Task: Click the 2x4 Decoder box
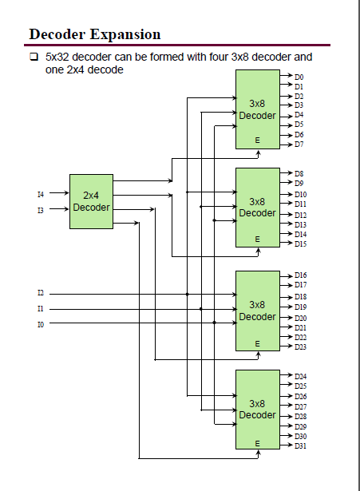tap(91, 201)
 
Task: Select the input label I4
tap(41, 194)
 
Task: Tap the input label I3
tap(41, 210)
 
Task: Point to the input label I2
tap(41, 294)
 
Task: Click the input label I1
tap(41, 309)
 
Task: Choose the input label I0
tap(41, 324)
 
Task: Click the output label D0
tap(299, 77)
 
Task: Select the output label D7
tap(299, 145)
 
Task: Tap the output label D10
tap(300, 194)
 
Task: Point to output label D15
tap(300, 244)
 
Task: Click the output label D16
tap(300, 275)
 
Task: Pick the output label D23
tap(300, 346)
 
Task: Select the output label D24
tap(300, 376)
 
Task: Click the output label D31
tap(300, 445)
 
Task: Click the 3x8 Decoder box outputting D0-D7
tap(257, 109)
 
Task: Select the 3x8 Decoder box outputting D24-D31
tap(257, 410)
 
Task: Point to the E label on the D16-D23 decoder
tap(257, 343)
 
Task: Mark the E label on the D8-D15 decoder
tap(257, 239)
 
